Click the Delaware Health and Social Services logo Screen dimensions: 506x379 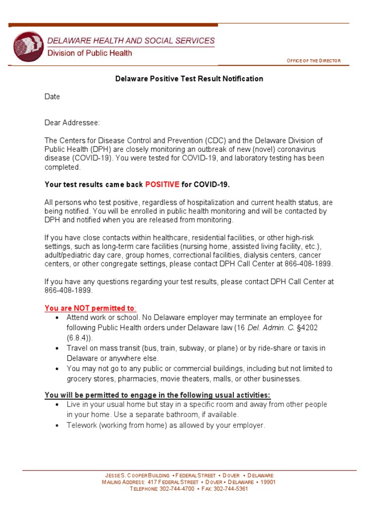click(x=29, y=46)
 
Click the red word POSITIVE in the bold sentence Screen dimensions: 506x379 click(x=162, y=185)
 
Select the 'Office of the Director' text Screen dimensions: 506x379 click(x=313, y=61)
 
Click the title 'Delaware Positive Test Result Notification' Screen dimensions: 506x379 click(x=189, y=79)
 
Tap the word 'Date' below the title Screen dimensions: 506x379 click(x=52, y=97)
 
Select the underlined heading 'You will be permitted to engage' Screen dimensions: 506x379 click(x=157, y=395)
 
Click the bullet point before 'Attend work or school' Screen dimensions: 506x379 click(x=58, y=317)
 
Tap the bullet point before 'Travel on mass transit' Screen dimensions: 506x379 click(x=58, y=348)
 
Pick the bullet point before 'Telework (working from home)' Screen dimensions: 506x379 click(x=58, y=425)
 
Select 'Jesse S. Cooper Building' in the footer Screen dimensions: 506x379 click(x=133, y=475)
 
